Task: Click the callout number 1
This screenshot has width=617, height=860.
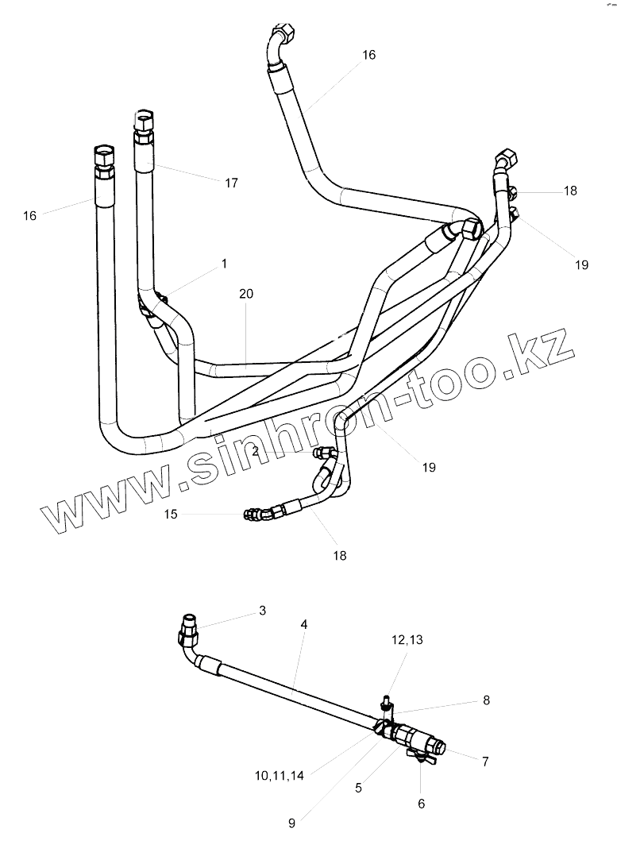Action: (x=224, y=262)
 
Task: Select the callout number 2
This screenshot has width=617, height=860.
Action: (x=256, y=450)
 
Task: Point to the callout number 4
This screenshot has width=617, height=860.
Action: (x=304, y=624)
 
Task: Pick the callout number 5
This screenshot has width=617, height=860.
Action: (x=358, y=788)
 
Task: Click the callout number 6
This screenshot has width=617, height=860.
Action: (x=421, y=804)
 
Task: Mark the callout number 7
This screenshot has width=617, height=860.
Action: (x=484, y=762)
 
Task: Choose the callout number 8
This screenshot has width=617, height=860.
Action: (x=486, y=700)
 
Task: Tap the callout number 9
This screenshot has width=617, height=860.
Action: (x=291, y=823)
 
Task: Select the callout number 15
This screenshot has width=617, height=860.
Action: (x=171, y=514)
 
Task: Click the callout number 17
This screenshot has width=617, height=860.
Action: (x=231, y=183)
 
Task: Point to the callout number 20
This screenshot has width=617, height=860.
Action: (x=246, y=293)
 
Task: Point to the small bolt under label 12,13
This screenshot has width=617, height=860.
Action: (x=386, y=702)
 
